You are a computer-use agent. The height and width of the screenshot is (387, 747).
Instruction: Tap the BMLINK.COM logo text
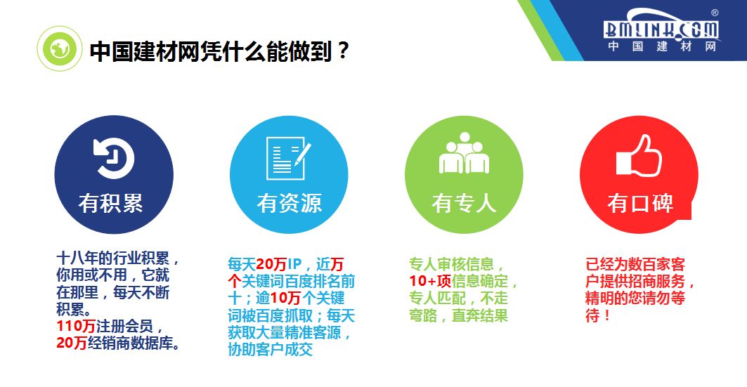(661, 28)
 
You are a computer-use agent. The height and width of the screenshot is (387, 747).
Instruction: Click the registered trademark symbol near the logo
(715, 13)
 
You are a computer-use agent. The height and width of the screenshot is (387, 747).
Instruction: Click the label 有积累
(111, 203)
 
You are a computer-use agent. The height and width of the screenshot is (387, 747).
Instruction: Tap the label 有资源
(289, 203)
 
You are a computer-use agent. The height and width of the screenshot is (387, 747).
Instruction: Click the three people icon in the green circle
(464, 155)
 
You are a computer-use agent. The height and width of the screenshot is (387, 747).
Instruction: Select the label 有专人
(464, 203)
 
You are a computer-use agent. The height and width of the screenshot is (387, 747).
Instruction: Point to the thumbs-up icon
(639, 156)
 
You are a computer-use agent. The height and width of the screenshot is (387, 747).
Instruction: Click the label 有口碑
(639, 203)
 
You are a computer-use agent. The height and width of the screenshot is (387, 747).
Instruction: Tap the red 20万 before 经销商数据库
(71, 343)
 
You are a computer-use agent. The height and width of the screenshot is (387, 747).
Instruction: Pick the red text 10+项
(429, 282)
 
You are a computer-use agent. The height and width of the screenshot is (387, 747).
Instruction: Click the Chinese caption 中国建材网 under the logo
(661, 46)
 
